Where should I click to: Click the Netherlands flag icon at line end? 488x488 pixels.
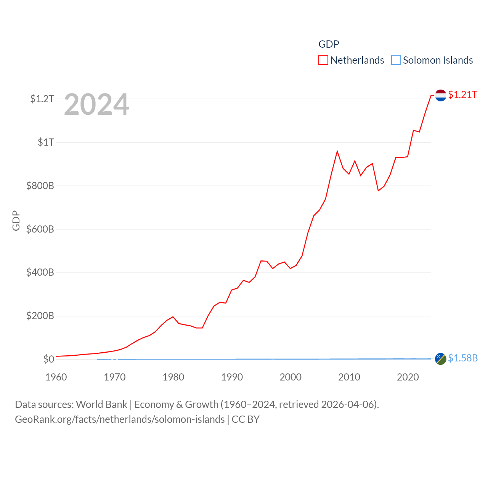coord(440,95)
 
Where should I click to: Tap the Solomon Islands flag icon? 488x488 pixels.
coord(440,359)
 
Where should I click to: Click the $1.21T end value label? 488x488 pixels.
coord(462,95)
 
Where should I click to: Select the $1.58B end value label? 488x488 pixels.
coord(463,358)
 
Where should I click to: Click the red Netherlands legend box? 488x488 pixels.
coord(323,60)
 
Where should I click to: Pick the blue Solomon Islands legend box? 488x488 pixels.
coord(396,60)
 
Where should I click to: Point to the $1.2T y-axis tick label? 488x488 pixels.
coord(42,99)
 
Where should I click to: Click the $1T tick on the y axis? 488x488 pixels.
coord(46,142)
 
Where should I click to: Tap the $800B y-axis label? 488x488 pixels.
coord(40,186)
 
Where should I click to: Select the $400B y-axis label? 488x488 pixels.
coord(40,272)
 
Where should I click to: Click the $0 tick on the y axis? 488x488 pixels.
coord(49,359)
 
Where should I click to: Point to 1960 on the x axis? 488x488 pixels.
coord(56,377)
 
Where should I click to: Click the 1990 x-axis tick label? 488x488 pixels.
coord(232,377)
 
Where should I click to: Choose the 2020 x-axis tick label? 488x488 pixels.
coord(408,377)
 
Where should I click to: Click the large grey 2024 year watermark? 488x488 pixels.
coord(96,104)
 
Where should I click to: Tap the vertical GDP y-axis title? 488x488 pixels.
coord(16,220)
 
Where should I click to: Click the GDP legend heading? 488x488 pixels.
coord(329,44)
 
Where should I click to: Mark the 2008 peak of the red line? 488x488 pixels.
coord(337,151)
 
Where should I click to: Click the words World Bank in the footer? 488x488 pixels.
coord(101,404)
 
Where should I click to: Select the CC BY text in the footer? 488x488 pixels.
coord(246,419)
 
